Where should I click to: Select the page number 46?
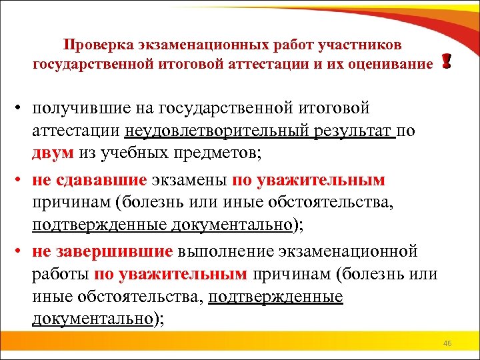coord(447,343)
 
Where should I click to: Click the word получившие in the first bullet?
coord(77,108)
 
